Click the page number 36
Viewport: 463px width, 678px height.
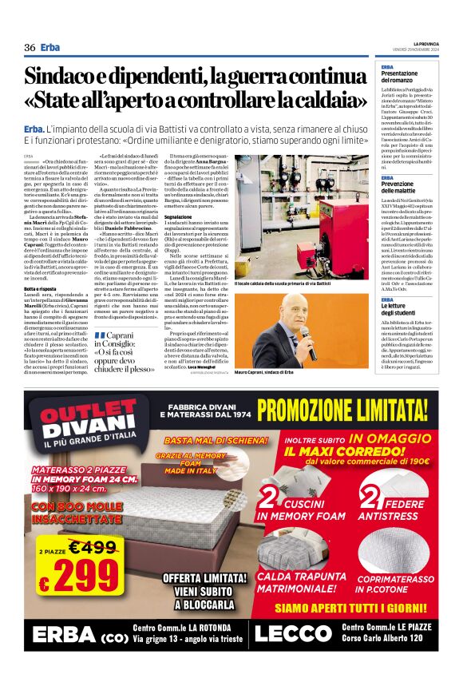point(30,47)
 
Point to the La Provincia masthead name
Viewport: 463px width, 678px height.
point(425,42)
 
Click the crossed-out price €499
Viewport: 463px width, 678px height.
point(92,548)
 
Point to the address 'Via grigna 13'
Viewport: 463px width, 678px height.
point(163,640)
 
